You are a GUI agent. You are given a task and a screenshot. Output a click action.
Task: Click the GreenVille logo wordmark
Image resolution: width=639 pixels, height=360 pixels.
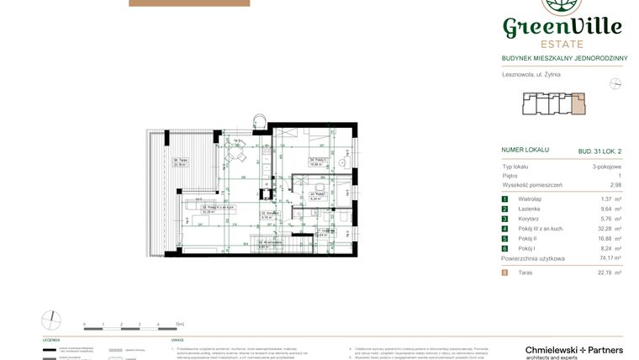(562, 27)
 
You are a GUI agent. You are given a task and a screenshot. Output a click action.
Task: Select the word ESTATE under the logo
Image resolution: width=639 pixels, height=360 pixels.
(562, 45)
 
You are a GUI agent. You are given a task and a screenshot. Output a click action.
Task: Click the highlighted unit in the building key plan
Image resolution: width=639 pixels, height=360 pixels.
(579, 105)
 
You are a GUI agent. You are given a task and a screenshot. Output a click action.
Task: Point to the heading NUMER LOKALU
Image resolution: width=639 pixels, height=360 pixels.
(525, 150)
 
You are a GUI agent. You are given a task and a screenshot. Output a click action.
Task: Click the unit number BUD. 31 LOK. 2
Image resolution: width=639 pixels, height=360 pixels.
(599, 151)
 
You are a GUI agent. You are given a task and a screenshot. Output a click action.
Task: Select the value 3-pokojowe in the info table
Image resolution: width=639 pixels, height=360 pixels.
(606, 167)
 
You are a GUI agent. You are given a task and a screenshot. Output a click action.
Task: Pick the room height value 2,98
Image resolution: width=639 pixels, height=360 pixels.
(615, 184)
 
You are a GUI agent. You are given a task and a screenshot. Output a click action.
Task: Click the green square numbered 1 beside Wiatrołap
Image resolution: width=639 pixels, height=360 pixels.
(504, 199)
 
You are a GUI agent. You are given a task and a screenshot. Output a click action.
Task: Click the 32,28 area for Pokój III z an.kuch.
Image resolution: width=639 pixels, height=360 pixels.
(605, 229)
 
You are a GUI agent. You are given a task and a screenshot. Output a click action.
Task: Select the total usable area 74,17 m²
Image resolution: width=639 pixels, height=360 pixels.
(607, 258)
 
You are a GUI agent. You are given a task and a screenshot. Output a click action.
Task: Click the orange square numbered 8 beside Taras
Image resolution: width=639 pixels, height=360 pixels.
(504, 273)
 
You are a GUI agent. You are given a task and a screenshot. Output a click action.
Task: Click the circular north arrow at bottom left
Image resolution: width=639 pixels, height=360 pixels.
(51, 320)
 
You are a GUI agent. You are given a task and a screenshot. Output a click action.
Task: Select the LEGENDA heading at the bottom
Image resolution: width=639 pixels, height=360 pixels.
(51, 340)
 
